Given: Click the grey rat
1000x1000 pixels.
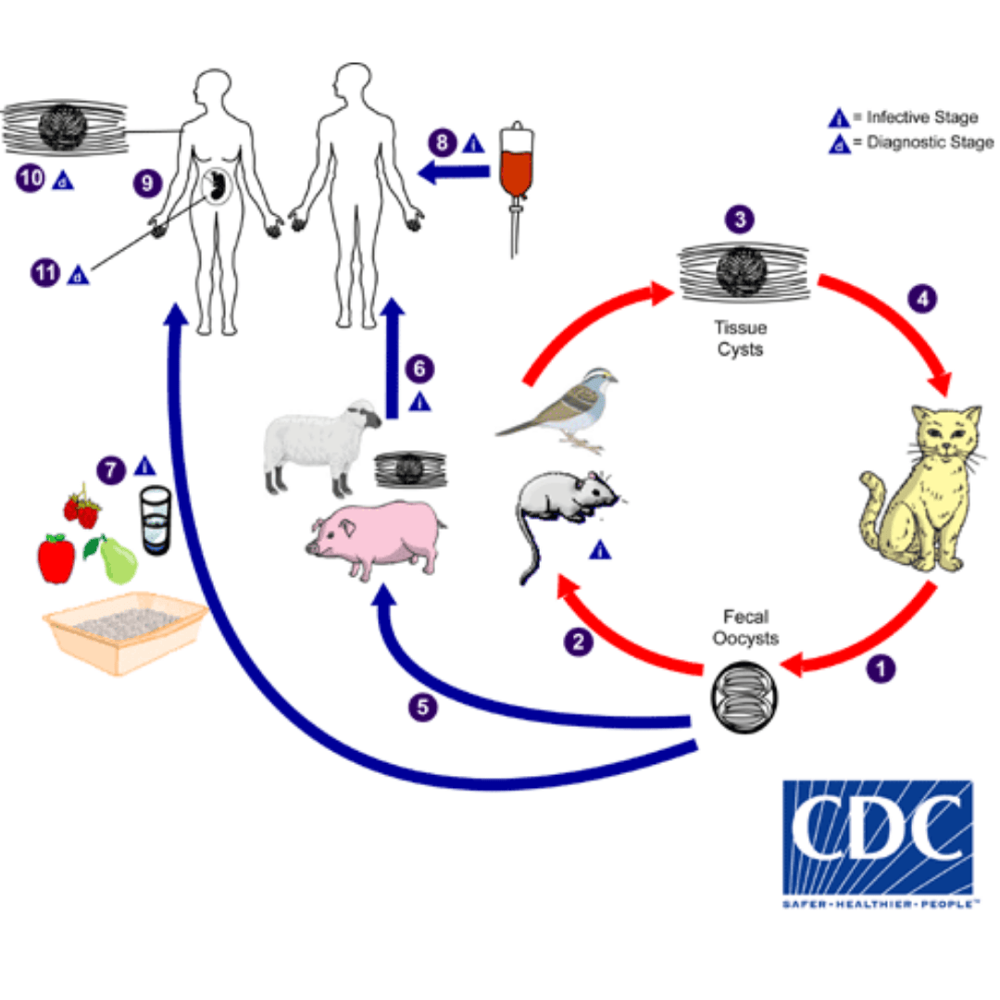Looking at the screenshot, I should point(565,505).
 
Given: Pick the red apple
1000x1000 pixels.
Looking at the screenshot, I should point(56,558).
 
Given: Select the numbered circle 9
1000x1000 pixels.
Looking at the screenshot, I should point(147,183).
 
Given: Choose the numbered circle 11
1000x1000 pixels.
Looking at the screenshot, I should point(44,273).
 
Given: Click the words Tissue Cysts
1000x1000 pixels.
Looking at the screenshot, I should point(740,338).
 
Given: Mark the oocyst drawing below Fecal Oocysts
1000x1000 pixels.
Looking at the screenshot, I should point(744,696).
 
